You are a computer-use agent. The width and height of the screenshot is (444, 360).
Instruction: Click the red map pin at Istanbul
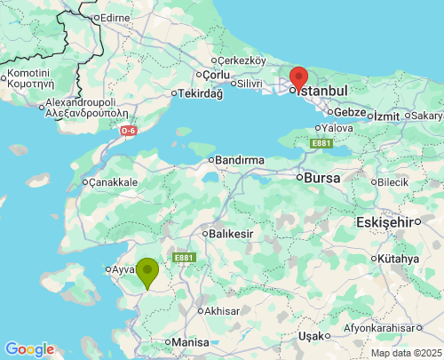[x=298, y=77]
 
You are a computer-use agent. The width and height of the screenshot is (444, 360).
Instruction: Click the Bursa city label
[x=321, y=177]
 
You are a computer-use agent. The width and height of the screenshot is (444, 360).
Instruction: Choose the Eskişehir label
[x=386, y=220]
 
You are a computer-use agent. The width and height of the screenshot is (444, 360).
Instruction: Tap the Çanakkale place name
[x=114, y=181]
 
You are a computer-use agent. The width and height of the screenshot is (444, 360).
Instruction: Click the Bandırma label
[x=240, y=160]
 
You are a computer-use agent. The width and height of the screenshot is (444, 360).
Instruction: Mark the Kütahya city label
[x=398, y=258]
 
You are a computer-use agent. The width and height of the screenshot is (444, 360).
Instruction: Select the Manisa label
[x=190, y=341]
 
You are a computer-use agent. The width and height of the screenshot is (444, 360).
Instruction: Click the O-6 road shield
[x=129, y=131]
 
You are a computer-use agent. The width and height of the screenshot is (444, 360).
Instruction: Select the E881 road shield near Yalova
[x=321, y=142]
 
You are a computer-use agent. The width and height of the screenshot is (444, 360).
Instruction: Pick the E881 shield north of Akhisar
[x=184, y=258]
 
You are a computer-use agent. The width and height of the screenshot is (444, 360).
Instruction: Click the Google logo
[x=29, y=349]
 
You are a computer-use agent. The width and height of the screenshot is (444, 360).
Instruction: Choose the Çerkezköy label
[x=242, y=60]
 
